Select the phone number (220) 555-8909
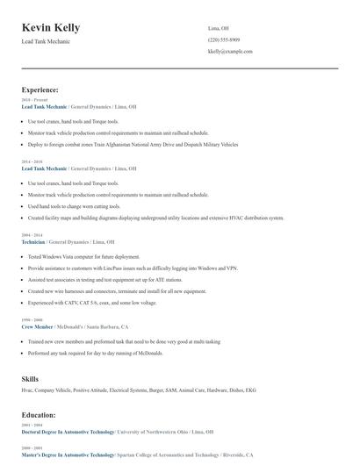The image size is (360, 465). [225, 39]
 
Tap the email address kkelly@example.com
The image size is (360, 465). [230, 52]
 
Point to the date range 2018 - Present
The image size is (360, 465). [32, 100]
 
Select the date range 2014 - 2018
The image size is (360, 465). [31, 162]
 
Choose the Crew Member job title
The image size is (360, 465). [38, 325]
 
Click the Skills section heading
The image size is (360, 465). [30, 378]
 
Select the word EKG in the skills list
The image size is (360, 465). [250, 389]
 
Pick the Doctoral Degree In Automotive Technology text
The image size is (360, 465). [68, 432]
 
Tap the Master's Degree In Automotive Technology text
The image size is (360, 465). [68, 454]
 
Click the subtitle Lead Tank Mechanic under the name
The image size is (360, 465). [46, 41]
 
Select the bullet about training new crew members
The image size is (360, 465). [123, 341]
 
